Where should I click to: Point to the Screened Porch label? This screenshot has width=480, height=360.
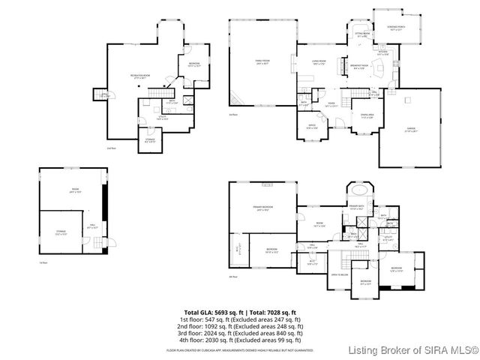click(x=397, y=28)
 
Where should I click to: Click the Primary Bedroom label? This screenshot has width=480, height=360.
click(x=262, y=208)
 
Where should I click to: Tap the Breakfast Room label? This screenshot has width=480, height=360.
click(x=358, y=67)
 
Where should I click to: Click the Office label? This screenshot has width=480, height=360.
click(x=312, y=127)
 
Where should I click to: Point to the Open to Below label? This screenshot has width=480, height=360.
click(x=341, y=274)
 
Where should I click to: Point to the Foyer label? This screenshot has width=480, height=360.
click(x=329, y=104)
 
